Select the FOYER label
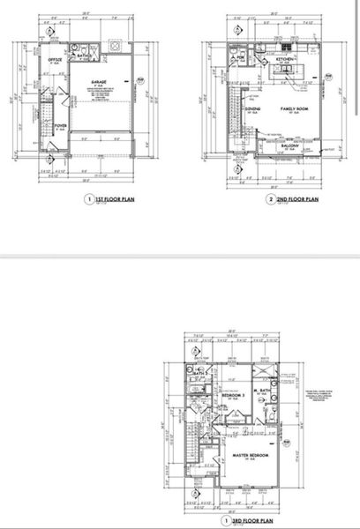pos(61,125)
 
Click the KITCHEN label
pos(285,59)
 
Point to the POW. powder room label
pos(240,58)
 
